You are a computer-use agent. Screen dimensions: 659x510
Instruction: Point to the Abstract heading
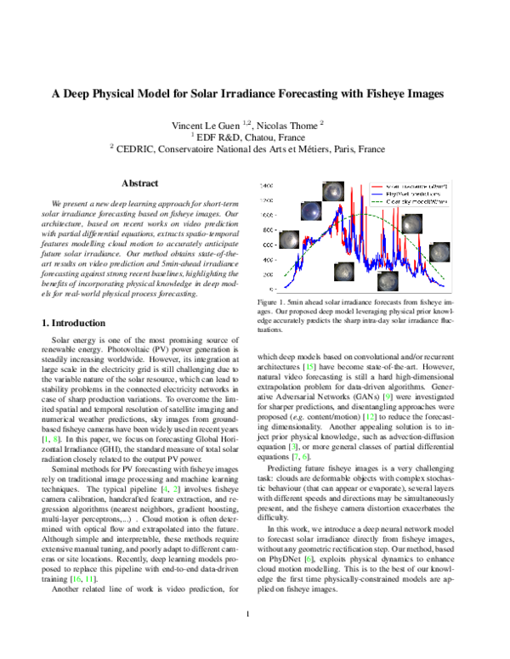click(x=139, y=183)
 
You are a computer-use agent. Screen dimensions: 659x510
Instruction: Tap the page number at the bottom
click(x=246, y=638)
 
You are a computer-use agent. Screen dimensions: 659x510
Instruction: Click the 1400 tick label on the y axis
click(x=266, y=184)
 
